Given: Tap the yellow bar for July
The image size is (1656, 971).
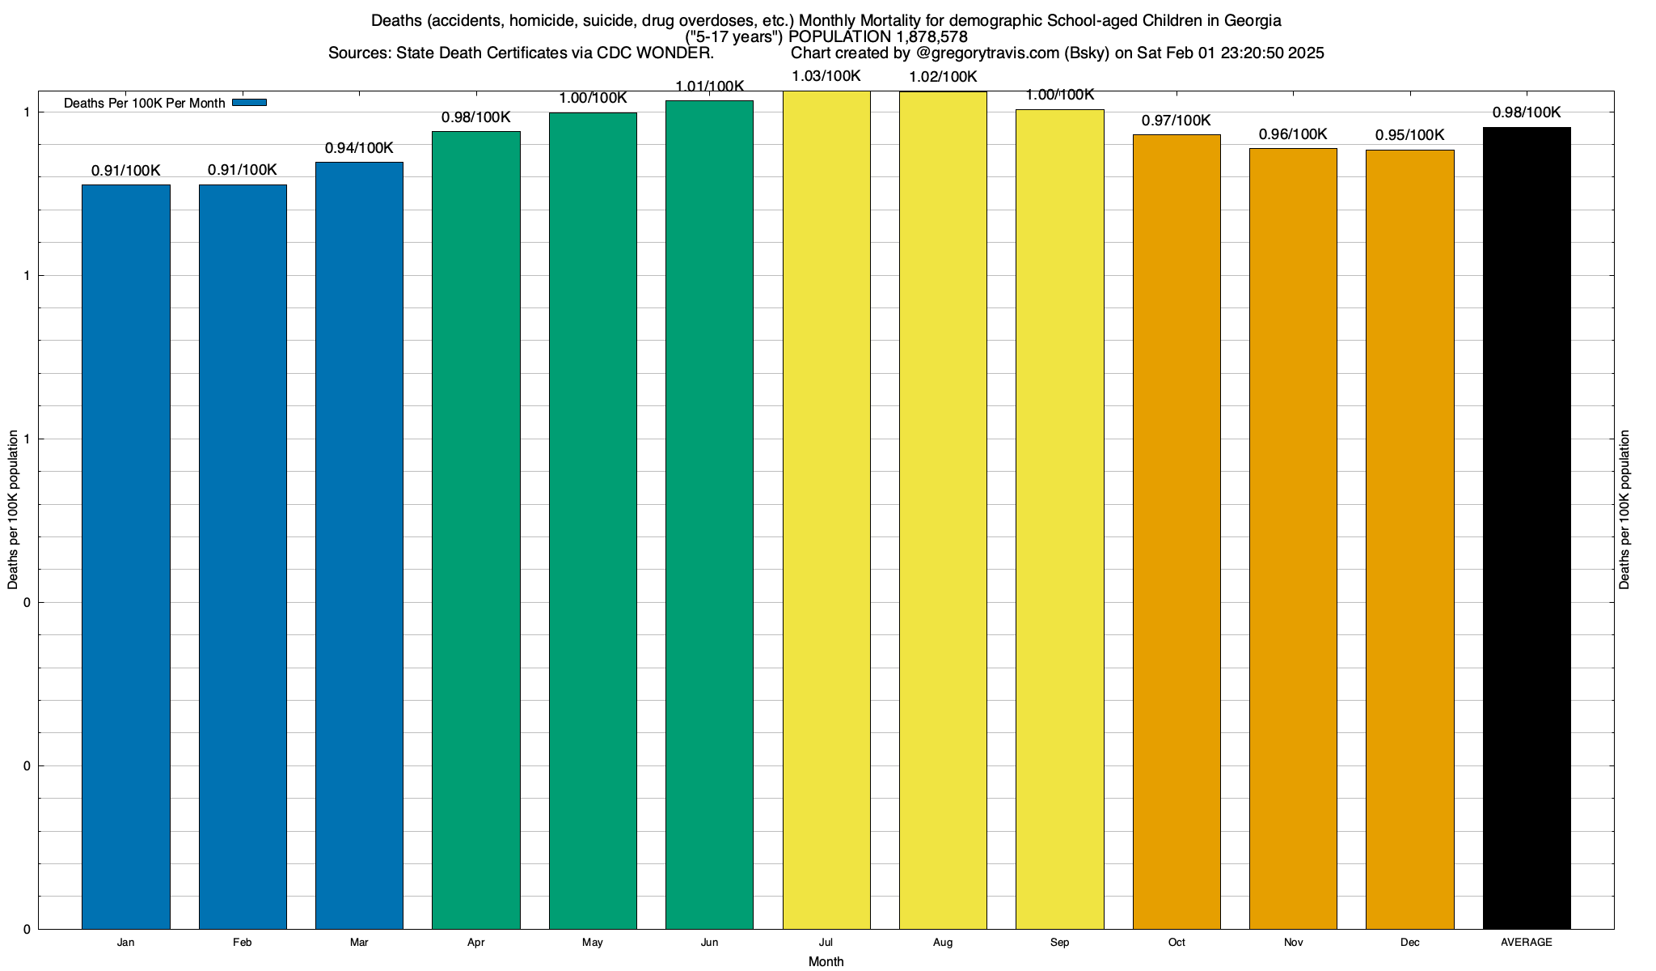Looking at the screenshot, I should pos(826,510).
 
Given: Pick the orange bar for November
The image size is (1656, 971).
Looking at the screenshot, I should pos(1293,538).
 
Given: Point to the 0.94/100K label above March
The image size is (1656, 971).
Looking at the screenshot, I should pos(359,148).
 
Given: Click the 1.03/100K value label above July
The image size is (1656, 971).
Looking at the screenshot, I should pos(826,77).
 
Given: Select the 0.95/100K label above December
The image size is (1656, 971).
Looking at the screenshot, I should pos(1410,135).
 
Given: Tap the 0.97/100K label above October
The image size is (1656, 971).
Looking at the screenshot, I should pos(1177,121).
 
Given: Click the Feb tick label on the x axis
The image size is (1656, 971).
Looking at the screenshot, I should pos(242,943).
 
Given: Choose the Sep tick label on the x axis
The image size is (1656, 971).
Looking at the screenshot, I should pos(1059,943).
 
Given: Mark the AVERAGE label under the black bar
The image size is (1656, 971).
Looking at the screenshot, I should pos(1527,943).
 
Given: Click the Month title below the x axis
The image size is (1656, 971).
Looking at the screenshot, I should pos(826,962).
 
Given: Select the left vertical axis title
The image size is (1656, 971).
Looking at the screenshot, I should pos(13,510).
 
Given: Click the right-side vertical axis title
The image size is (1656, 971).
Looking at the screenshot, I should pos(1624,510).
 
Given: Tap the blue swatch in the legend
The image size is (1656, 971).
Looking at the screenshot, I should pos(249,103).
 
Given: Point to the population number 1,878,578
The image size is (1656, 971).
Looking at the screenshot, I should pos(932,37).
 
